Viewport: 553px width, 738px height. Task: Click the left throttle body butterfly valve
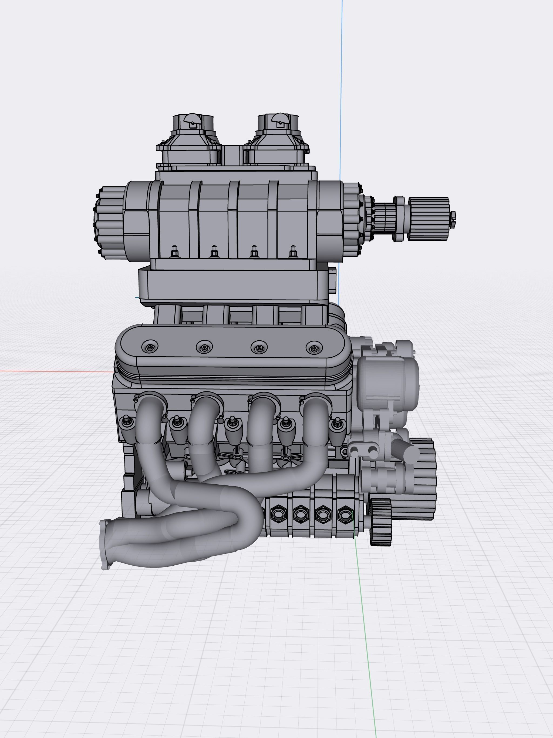(x=193, y=120)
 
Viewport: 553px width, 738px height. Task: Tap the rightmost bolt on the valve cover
(x=313, y=348)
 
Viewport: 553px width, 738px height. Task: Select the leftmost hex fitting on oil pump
(x=278, y=515)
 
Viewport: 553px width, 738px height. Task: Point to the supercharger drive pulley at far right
(x=429, y=219)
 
